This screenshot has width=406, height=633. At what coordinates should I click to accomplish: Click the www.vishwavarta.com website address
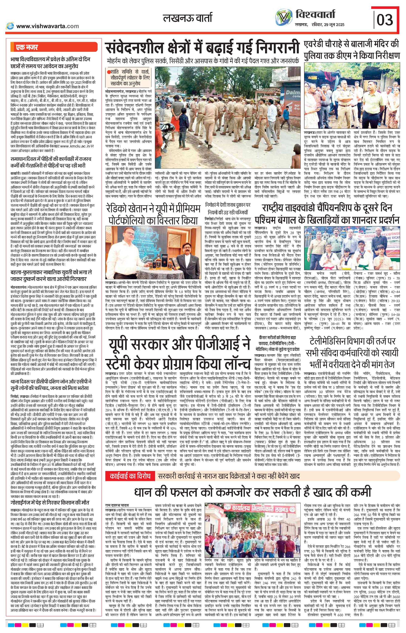[x=48, y=26]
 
